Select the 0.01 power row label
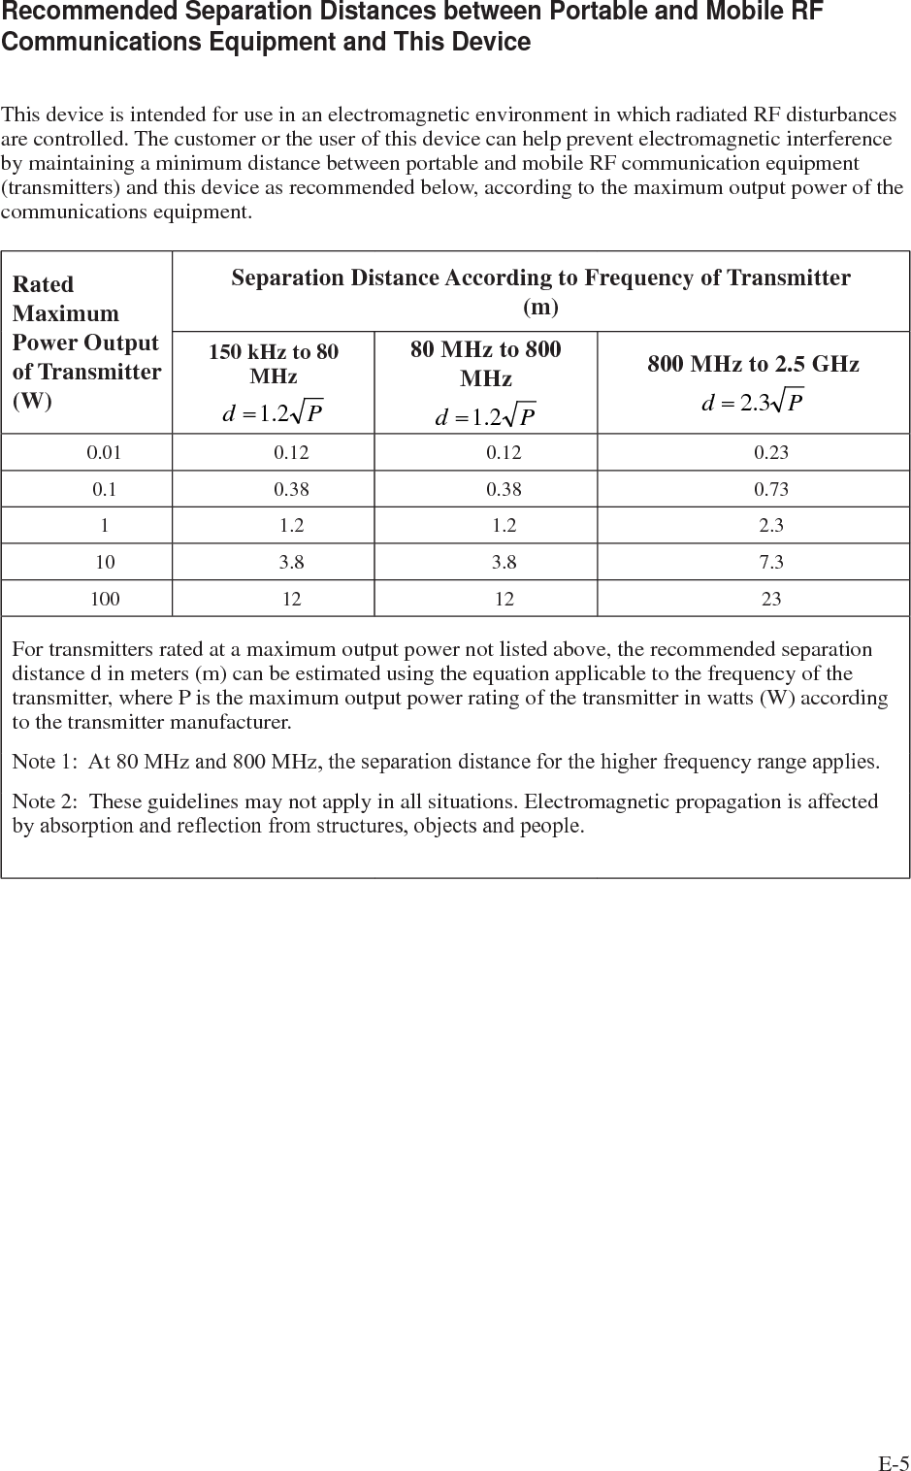coord(105,452)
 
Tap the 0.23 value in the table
coord(771,452)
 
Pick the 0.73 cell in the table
coord(771,489)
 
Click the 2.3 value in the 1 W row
coord(771,526)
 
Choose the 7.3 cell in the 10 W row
coord(771,562)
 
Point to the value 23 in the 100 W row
coord(771,599)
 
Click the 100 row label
coord(105,599)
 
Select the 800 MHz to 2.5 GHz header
coord(753,364)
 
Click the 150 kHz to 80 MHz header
coord(274,363)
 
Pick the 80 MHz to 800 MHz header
coord(485,363)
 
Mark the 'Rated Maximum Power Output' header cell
coord(86,342)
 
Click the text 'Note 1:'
coord(44,762)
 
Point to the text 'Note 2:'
coord(44,801)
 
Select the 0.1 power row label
coord(105,489)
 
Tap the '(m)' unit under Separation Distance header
coord(540,308)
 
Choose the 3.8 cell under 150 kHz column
coord(291,562)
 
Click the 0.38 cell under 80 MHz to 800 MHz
coord(504,489)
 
